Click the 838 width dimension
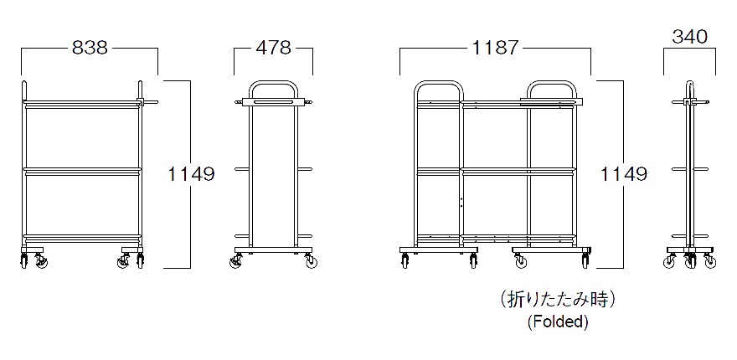pos(90,48)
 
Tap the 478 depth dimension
pos(273,48)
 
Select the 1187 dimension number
pos(495,48)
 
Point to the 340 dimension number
pos(689,37)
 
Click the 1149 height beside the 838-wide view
pos(191,174)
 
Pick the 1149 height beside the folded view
pos(624,174)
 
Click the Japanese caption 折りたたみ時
pos(558,300)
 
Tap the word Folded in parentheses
pos(558,322)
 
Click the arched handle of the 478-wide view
pos(274,83)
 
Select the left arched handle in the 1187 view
pos(439,83)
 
